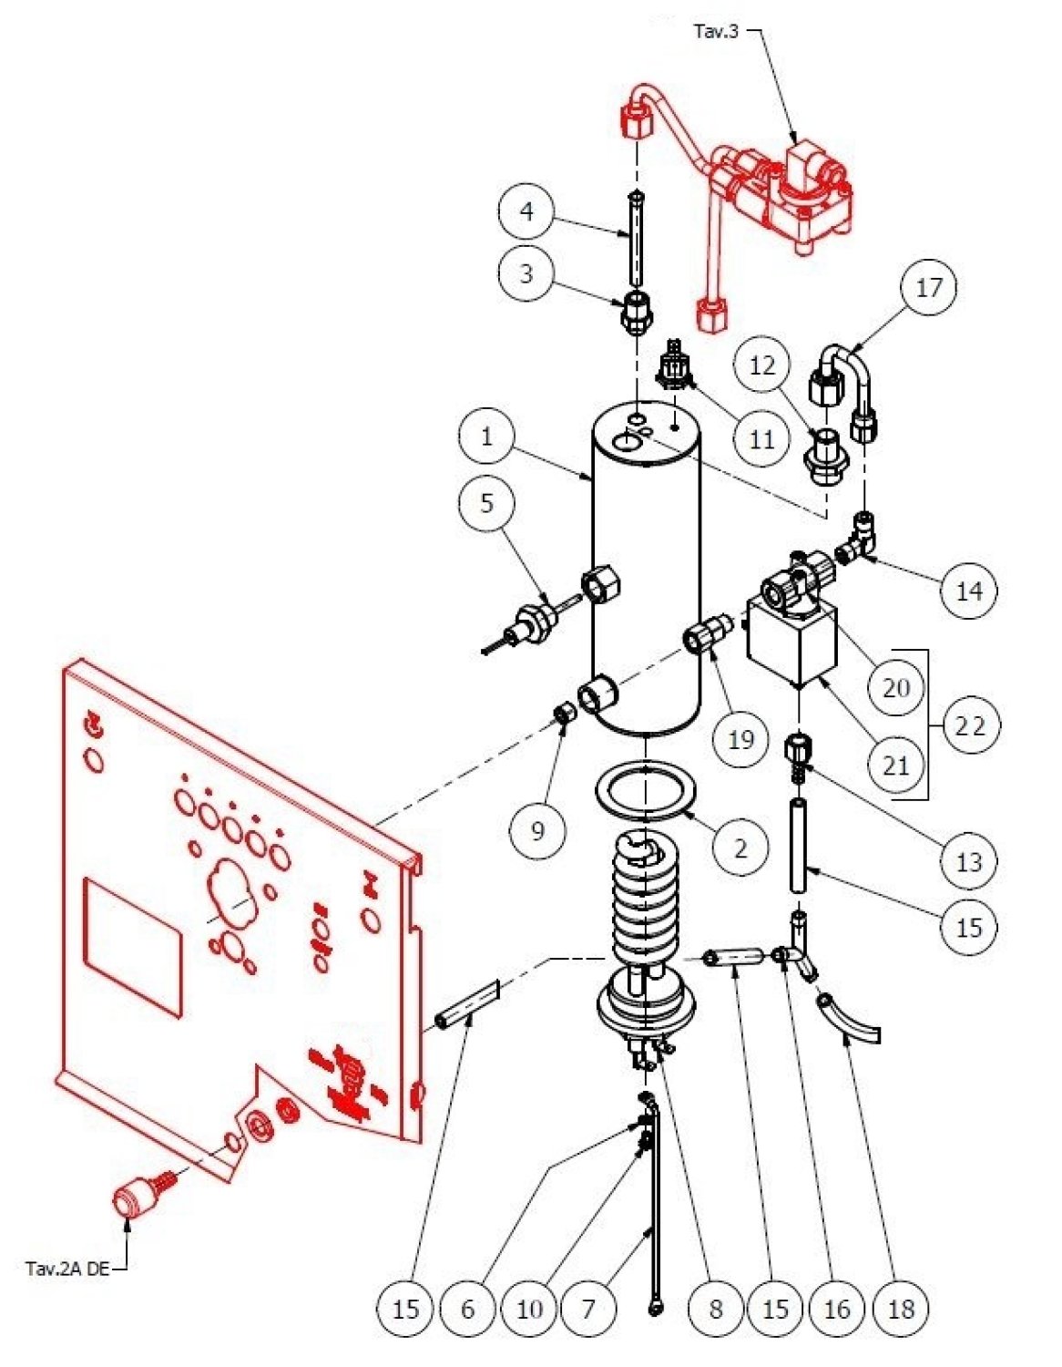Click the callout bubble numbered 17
(x=928, y=288)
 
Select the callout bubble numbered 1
(x=486, y=437)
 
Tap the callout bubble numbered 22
(x=970, y=726)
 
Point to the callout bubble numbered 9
(x=537, y=830)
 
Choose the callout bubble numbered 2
(x=740, y=848)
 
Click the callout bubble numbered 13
(x=968, y=861)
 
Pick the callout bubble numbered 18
(x=900, y=1310)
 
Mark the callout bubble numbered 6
(x=467, y=1310)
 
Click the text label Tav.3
(x=716, y=33)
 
